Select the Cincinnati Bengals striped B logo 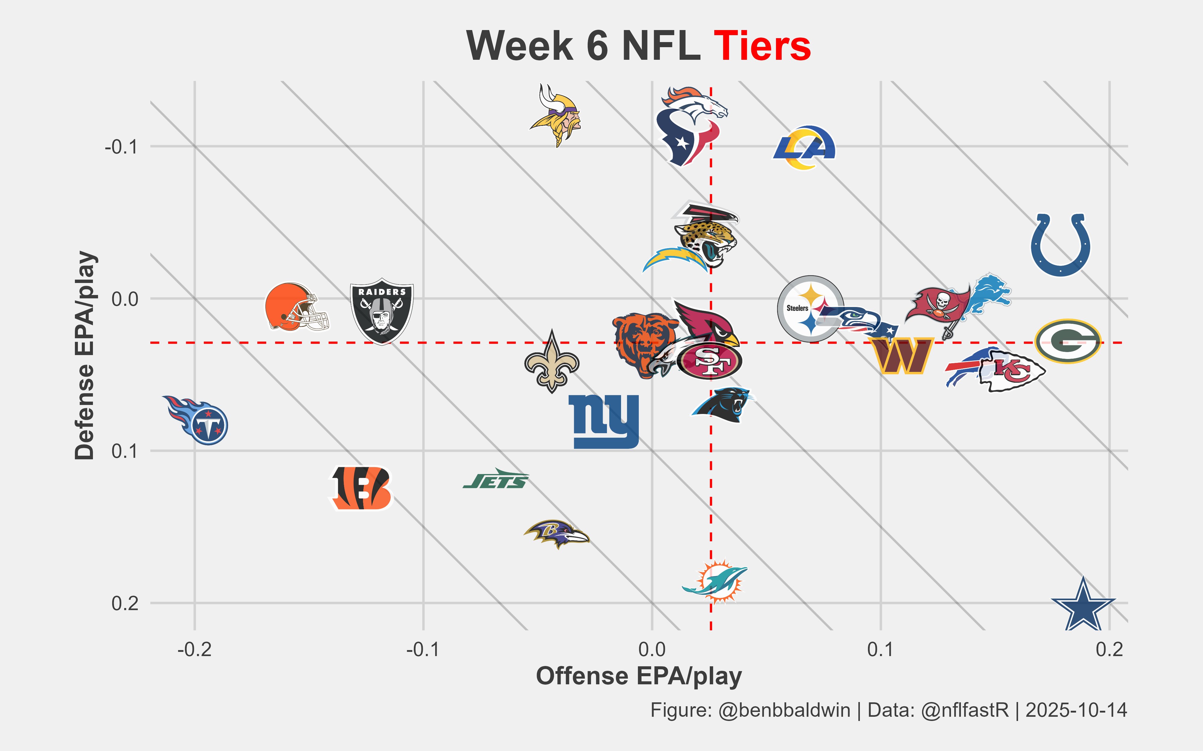tap(362, 488)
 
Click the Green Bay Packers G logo tap(1068, 341)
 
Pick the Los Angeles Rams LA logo tap(804, 147)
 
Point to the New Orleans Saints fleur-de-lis tap(552, 362)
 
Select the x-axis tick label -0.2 tap(194, 649)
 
